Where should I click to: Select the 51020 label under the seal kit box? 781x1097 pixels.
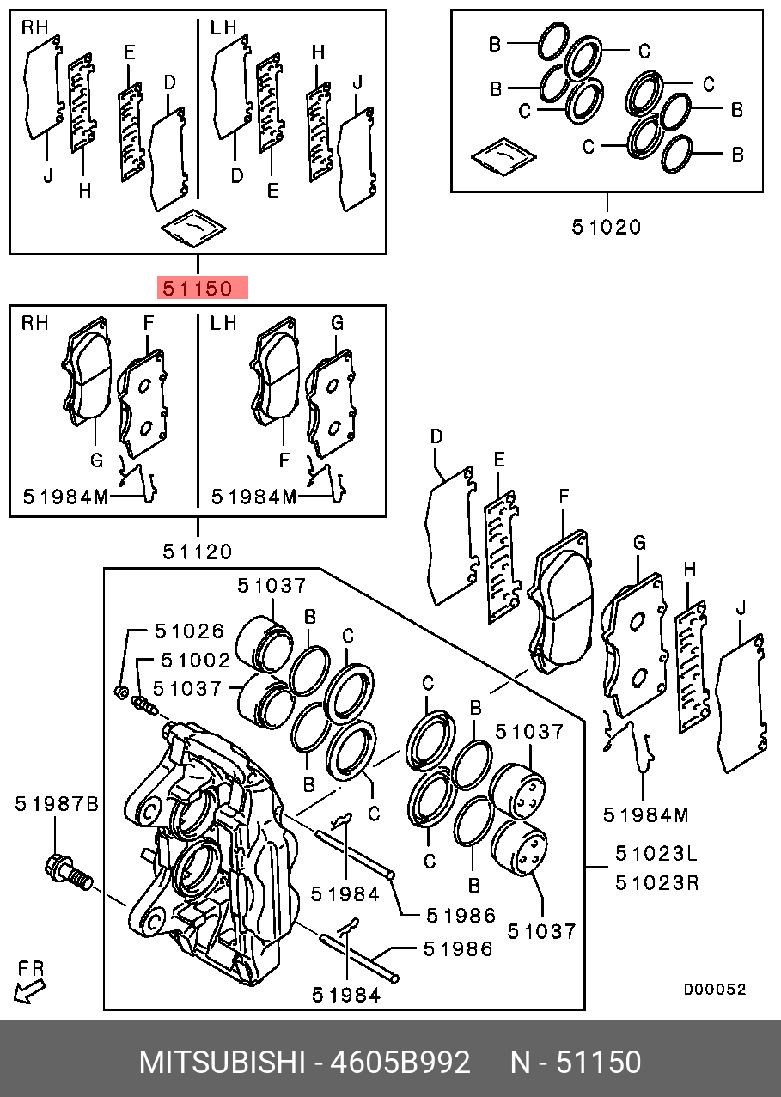click(x=606, y=227)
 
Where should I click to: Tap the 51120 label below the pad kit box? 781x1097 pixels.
click(x=198, y=552)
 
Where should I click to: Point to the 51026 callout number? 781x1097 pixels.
click(x=189, y=631)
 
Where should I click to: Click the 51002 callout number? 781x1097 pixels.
click(x=196, y=661)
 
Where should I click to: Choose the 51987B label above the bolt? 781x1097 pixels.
click(x=57, y=804)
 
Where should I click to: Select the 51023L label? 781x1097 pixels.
click(x=656, y=854)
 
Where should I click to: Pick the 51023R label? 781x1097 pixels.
click(x=657, y=883)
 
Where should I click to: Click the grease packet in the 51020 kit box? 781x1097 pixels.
click(x=503, y=156)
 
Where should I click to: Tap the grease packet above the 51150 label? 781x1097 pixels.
click(x=193, y=228)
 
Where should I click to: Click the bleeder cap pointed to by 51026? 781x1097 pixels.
click(x=121, y=692)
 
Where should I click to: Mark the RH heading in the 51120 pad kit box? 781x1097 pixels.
click(x=34, y=323)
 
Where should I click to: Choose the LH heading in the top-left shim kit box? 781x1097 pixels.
click(x=223, y=27)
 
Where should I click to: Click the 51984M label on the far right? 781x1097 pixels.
click(x=646, y=815)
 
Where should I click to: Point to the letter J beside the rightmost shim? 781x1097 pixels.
click(x=741, y=608)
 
